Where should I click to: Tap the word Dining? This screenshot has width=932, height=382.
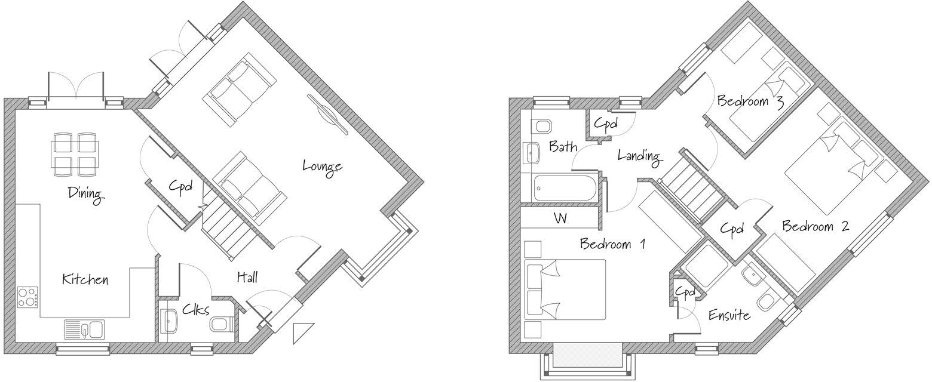tap(85, 194)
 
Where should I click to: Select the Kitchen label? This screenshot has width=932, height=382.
tap(85, 279)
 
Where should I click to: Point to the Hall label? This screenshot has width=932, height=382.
tap(247, 277)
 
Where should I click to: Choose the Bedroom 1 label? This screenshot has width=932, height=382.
tap(612, 244)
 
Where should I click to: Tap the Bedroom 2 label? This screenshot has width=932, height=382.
tap(815, 226)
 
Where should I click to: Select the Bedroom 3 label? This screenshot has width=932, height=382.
tap(750, 101)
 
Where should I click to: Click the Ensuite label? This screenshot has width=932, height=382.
tap(729, 315)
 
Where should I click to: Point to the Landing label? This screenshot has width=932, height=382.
tap(639, 156)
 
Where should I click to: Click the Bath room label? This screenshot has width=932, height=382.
tap(563, 146)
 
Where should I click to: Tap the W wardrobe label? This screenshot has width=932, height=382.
tap(560, 218)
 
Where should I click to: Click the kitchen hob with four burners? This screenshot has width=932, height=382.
tap(27, 297)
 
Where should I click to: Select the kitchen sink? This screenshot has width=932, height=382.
tap(84, 329)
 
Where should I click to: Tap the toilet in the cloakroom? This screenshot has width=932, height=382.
tap(221, 324)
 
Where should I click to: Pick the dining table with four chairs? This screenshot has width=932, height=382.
tap(75, 154)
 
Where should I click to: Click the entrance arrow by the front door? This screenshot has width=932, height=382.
tap(303, 332)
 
